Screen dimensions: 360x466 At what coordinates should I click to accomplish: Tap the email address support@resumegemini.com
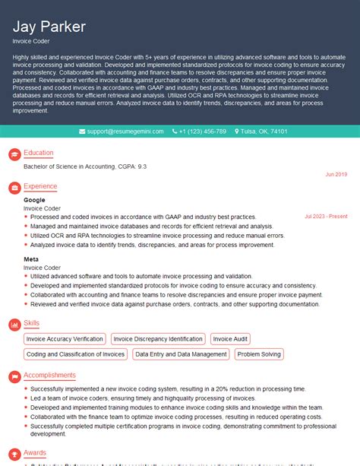125,132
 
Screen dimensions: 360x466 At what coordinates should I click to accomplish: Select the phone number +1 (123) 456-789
202,132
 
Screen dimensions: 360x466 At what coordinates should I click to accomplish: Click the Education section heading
39,153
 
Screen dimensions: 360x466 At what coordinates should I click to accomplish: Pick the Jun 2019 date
336,174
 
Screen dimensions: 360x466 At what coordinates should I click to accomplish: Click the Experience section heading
40,186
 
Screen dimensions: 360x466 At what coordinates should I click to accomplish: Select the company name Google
34,200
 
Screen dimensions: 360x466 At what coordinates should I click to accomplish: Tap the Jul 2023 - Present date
326,216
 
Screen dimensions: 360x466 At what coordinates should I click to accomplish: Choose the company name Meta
32,260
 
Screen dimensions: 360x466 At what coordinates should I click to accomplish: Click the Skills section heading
32,325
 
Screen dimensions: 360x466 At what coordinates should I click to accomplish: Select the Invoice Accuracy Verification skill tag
65,339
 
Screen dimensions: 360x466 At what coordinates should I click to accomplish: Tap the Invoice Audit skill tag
230,339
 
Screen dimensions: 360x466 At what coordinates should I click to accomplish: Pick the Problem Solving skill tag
258,353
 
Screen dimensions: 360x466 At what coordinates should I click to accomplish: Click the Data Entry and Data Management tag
180,353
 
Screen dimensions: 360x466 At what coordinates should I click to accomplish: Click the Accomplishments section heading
49,375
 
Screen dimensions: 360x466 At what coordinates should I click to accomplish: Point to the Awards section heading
35,452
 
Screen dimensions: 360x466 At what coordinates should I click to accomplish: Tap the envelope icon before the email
82,132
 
